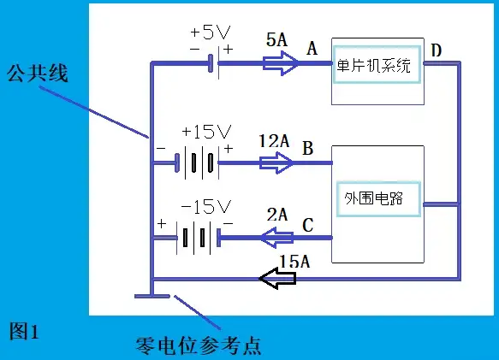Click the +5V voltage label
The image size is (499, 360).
(x=210, y=32)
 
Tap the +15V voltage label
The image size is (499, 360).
(x=206, y=132)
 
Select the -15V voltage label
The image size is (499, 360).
(x=206, y=207)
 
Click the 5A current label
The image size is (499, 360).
(x=276, y=39)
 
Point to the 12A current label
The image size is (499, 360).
(x=274, y=141)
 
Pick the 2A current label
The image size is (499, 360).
(x=277, y=215)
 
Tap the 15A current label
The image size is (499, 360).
(x=294, y=262)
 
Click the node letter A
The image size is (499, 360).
(x=312, y=49)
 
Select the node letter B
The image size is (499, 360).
(x=308, y=148)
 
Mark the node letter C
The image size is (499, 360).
(x=308, y=225)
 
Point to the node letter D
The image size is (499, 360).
(x=437, y=50)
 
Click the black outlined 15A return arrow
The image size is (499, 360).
(x=277, y=278)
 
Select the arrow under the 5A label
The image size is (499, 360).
(x=281, y=63)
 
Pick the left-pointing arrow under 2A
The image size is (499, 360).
(x=276, y=237)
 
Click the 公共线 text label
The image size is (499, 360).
(x=38, y=74)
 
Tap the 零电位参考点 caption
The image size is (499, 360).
(x=199, y=345)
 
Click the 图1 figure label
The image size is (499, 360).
(x=24, y=331)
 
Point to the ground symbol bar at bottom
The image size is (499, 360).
(x=152, y=297)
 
